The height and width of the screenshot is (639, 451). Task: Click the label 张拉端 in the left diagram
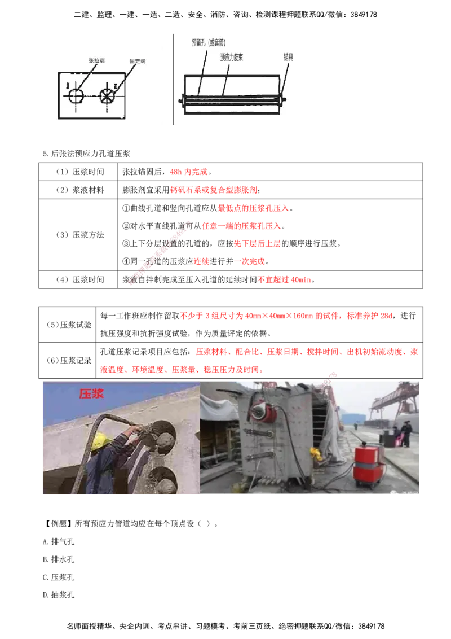tap(98, 59)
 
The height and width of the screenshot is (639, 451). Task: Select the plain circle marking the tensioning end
tap(76, 95)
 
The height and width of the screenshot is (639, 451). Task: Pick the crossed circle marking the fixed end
tap(107, 95)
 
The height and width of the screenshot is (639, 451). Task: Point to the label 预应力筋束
tap(236, 57)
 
